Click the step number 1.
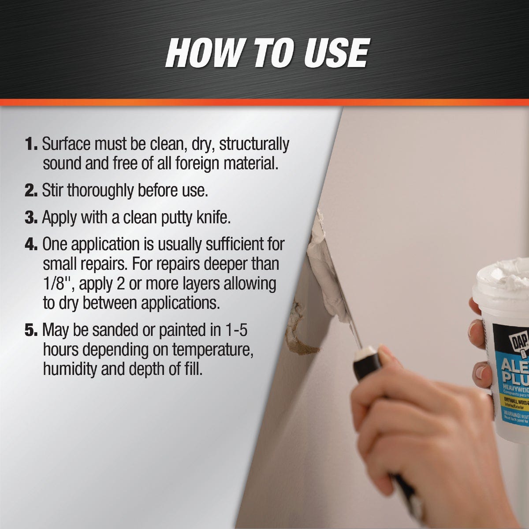click(x=31, y=144)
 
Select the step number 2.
click(x=31, y=191)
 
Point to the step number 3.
click(x=31, y=218)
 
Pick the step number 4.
click(x=31, y=244)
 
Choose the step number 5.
click(x=31, y=330)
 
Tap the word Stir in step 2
click(x=52, y=191)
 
